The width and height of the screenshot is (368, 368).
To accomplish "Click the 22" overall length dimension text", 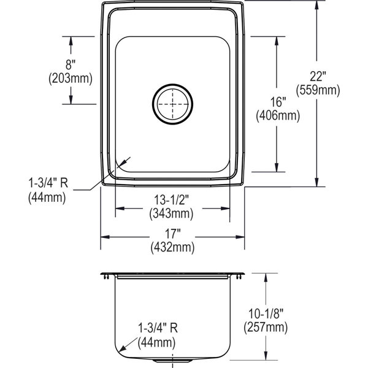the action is pos(318,76).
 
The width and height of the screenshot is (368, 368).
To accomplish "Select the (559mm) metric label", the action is pos(318,90).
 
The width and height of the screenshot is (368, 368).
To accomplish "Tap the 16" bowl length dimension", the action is pos(278,102).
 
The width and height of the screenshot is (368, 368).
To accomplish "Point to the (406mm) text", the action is pos(278,115).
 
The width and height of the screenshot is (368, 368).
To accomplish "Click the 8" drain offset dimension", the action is pos(71,64).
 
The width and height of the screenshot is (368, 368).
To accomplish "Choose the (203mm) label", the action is pos(71,79).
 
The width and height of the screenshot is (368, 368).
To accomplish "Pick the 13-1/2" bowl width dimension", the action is pos(172,200).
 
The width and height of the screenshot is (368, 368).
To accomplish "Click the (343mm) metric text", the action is pos(172,213).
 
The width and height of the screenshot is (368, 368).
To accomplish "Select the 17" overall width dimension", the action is pos(173,233).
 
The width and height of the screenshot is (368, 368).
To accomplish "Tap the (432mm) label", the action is pos(173,247).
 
